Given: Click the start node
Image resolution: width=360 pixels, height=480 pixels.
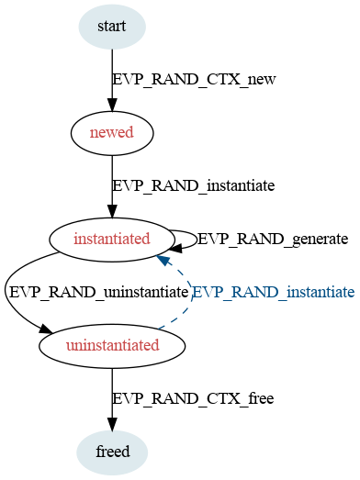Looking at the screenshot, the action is [x=112, y=27].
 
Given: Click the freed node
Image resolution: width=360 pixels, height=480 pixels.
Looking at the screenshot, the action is [x=112, y=452].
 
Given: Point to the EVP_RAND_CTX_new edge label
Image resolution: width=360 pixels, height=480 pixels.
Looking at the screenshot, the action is [x=195, y=80].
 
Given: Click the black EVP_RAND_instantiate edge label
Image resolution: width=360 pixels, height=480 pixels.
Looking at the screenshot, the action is [x=194, y=185].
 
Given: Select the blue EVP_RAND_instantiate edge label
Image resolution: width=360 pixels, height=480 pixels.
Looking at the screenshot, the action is [x=274, y=293].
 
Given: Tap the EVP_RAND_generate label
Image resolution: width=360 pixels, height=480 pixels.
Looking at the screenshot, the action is [x=273, y=239].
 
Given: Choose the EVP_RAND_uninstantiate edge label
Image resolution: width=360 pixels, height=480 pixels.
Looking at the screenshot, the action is [x=98, y=293].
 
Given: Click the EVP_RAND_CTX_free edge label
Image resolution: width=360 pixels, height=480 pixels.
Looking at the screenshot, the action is [x=193, y=399].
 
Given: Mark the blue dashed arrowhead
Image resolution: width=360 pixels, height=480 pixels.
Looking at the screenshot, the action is [x=163, y=261].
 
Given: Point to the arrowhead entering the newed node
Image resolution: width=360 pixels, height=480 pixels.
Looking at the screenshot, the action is [x=112, y=105].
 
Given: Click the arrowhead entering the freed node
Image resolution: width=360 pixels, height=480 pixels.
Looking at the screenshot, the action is [x=112, y=424].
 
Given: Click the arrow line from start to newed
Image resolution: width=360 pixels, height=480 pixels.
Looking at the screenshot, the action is [x=112, y=80].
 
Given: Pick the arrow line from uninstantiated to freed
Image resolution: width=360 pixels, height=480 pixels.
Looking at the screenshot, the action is [x=112, y=399].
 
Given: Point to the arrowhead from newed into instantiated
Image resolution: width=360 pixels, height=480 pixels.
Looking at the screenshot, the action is [x=112, y=211].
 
